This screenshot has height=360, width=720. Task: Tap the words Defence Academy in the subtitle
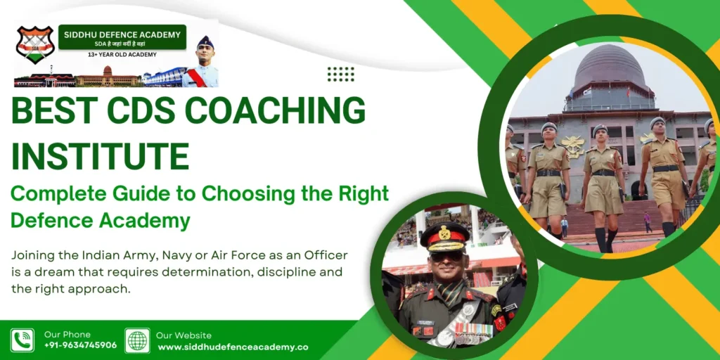coord(101,221)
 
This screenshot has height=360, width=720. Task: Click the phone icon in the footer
coord(22,340)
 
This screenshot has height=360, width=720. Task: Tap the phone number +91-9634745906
coord(80,345)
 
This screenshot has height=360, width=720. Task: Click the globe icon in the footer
coord(137,340)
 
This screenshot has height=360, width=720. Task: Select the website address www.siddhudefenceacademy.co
coord(233,347)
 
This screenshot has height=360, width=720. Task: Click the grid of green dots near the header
coord(341,74)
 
